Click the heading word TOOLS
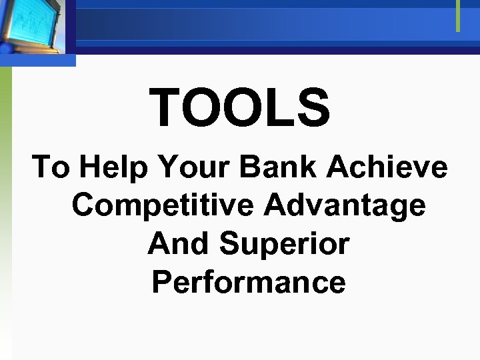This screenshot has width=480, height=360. click(x=240, y=109)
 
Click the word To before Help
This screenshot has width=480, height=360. click(x=51, y=167)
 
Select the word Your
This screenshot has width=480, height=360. click(x=188, y=167)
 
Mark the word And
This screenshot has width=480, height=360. click(x=178, y=244)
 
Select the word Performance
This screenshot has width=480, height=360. click(x=249, y=282)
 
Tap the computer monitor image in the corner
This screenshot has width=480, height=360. click(x=33, y=27)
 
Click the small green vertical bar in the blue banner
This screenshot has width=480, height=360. click(x=458, y=16)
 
